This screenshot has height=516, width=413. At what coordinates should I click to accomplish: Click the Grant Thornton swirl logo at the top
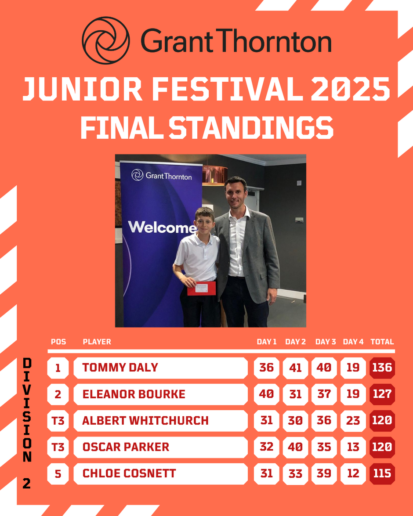[106, 40]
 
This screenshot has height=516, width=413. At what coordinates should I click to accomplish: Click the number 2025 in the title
[351, 89]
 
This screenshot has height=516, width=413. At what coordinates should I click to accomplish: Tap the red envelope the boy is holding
[202, 289]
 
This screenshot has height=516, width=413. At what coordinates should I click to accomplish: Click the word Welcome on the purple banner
[162, 227]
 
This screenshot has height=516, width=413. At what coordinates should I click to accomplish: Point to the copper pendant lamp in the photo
[215, 174]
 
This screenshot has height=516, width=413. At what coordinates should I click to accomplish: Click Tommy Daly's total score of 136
[382, 368]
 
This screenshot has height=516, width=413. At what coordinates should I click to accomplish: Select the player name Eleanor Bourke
[134, 394]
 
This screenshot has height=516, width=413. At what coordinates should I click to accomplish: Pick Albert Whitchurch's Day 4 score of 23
[353, 421]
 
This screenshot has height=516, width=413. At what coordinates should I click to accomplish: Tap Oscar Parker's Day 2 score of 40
[295, 447]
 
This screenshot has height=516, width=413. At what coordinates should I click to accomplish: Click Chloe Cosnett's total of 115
[382, 473]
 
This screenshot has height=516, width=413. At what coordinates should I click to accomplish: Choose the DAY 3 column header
[326, 342]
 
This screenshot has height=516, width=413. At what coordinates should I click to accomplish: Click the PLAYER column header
[97, 342]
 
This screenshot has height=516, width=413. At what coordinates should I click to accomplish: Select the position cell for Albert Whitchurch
[58, 421]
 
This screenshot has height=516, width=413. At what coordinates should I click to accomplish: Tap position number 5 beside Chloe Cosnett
[58, 473]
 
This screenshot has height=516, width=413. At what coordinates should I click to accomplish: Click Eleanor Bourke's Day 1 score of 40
[266, 394]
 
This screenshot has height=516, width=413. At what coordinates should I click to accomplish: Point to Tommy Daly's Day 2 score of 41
[295, 368]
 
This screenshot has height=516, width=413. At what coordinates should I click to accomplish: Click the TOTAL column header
[382, 342]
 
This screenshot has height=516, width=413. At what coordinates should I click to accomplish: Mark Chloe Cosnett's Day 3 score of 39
[324, 473]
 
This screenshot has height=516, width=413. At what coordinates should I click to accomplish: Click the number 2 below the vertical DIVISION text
[27, 483]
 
